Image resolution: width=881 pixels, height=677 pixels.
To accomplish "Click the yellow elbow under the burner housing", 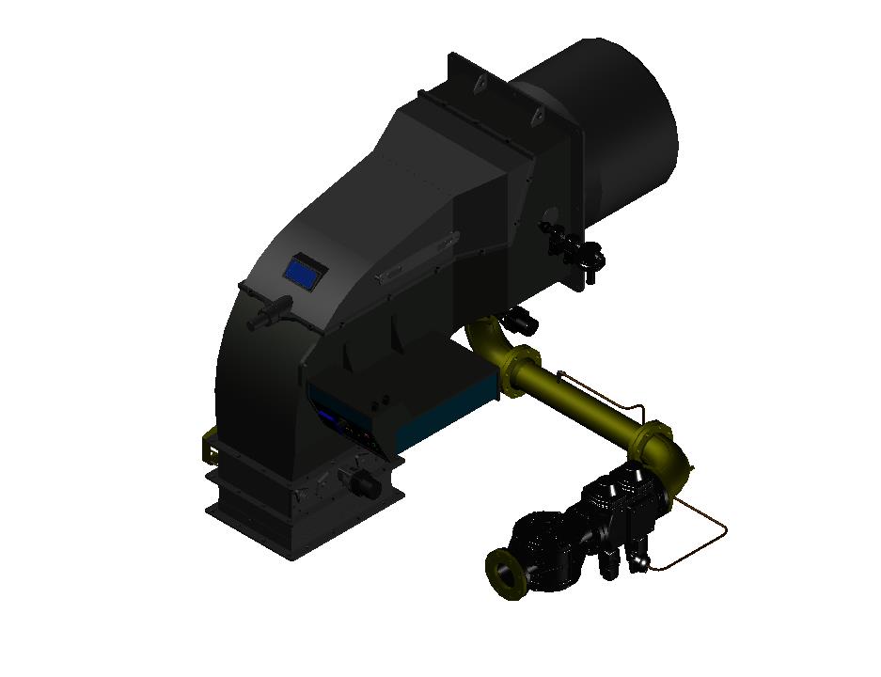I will [490, 338].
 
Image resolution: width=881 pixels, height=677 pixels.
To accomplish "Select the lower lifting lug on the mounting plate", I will [538, 117].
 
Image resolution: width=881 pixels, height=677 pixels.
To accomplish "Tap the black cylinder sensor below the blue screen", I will [270, 312].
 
